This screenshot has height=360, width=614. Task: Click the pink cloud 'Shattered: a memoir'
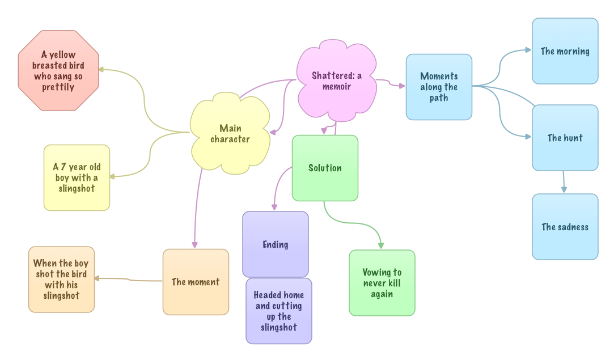(337, 81)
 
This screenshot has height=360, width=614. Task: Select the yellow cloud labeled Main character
(230, 134)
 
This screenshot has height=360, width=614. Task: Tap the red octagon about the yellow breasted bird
(58, 71)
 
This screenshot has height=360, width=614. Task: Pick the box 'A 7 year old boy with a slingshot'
(77, 177)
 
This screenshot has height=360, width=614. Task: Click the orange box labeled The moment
(196, 282)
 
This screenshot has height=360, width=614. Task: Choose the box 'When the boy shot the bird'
(61, 279)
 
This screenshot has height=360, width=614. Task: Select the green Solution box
(325, 168)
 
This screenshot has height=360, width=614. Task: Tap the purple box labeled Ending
(276, 244)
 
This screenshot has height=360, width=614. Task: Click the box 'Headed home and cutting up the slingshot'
(279, 311)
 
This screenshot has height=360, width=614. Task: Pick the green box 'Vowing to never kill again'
(382, 283)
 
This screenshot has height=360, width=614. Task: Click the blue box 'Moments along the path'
(439, 87)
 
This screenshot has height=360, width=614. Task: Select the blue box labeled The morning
(565, 51)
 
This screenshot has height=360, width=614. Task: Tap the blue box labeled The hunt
(565, 138)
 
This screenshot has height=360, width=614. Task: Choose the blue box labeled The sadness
(565, 227)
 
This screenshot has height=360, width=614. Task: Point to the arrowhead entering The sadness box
(564, 190)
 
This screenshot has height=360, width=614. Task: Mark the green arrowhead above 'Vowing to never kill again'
(381, 245)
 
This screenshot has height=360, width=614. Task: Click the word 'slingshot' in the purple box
(279, 327)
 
